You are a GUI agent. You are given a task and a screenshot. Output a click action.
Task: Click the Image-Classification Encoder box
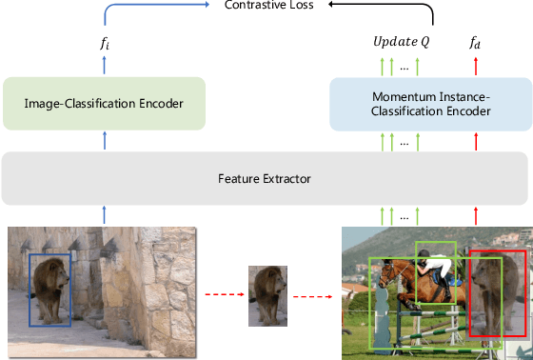tap(104, 104)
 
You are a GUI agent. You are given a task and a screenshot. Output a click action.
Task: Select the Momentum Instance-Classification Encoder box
tap(428, 104)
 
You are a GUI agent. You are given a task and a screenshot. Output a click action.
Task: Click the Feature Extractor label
tap(266, 178)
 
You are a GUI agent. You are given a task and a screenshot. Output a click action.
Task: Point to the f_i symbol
tap(104, 44)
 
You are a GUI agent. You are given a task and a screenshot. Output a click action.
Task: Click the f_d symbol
tap(475, 44)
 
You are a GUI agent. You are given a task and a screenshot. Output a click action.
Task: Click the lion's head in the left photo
tap(49, 276)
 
